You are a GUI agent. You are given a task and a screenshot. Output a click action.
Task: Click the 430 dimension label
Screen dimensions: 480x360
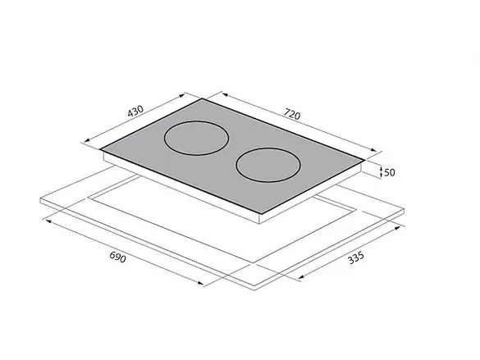coord(135,111)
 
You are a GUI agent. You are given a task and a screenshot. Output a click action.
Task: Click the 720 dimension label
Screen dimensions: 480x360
coord(292,114)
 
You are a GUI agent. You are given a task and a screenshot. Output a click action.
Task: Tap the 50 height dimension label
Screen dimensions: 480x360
coord(390,172)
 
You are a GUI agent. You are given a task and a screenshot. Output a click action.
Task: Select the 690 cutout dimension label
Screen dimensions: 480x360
coord(117,257)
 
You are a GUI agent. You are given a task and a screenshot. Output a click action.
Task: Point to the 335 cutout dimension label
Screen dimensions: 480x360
coord(356,257)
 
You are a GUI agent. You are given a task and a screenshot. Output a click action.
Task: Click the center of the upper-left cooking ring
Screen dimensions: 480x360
coord(197,139)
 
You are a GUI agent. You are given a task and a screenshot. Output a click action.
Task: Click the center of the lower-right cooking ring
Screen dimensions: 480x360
coord(268,165)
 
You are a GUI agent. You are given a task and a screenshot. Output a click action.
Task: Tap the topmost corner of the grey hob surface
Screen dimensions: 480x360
coord(203,98)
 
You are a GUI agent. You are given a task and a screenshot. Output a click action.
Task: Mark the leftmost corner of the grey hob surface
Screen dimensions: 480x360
coord(100,149)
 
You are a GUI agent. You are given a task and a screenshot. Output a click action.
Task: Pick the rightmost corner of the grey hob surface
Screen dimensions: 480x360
coord(365,160)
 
